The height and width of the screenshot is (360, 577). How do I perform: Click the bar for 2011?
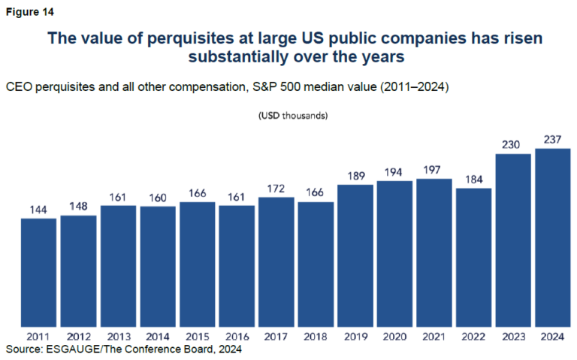point(38,272)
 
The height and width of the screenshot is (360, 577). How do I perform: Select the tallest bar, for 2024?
point(553,237)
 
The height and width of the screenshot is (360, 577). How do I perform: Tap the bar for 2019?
point(355,255)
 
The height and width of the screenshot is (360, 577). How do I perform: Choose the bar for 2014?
point(157,266)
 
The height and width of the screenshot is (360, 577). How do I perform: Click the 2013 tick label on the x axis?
point(118,337)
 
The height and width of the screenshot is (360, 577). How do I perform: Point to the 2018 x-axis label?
point(316,337)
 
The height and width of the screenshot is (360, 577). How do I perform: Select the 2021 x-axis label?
point(434,337)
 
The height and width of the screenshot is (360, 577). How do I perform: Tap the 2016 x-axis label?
point(236,337)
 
